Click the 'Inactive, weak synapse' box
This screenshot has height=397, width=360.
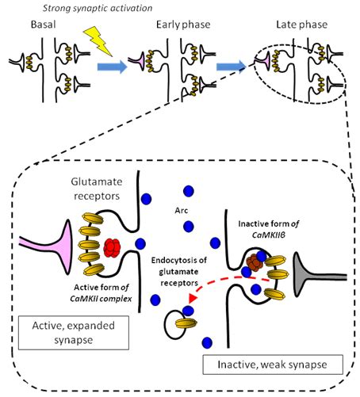click(274, 365)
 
